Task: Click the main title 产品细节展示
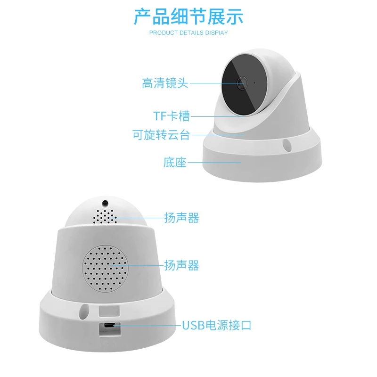point(188,16)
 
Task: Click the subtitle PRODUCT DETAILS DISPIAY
point(188,33)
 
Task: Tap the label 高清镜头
point(165,83)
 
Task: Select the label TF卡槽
point(172,116)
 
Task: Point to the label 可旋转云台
point(161,135)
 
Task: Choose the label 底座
point(175,162)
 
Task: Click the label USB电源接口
point(217,325)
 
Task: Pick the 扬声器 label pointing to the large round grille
point(181,265)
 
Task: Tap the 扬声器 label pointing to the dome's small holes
point(181,218)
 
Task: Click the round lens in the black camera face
point(242,83)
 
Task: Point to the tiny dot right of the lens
point(254,83)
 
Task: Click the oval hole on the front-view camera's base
point(287,145)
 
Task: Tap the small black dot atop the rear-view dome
point(105,203)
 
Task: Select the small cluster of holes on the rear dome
point(105,216)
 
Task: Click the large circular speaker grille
point(105,268)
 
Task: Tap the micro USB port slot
point(110,326)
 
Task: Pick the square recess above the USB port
point(109,311)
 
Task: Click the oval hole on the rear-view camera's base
point(84,311)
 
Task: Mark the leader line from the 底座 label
point(214,162)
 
